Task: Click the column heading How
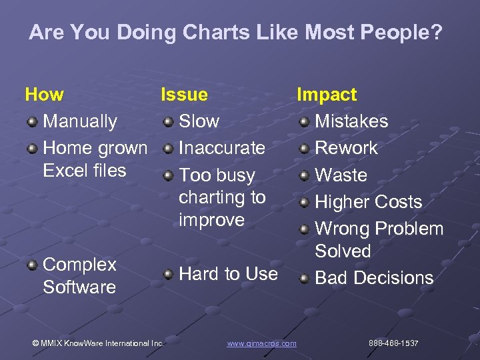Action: pos(44,95)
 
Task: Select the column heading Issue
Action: pos(184,95)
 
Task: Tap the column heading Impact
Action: pos(327,95)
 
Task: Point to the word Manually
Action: pos(80,121)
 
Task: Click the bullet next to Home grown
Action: pos(32,149)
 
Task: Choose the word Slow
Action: pos(199,121)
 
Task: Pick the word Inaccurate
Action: pos(222,148)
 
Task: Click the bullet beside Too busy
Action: pos(168,176)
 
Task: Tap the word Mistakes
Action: pos(351,121)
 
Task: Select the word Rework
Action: pos(346,148)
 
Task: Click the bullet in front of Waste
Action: pos(304,176)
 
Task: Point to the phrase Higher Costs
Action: pos(368,202)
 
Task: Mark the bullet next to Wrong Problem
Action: pos(304,230)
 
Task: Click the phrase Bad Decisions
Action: pos(374,278)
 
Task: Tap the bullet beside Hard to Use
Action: pos(168,275)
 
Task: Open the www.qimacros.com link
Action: pos(261,343)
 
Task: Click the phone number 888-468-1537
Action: pos(393,343)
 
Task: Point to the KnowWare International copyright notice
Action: pos(98,343)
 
